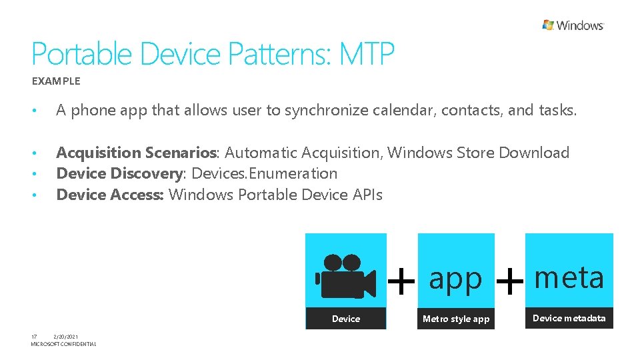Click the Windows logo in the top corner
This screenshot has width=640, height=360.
[x=573, y=25]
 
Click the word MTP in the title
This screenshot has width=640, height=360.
[x=367, y=54]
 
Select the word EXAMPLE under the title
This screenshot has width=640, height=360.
[x=56, y=81]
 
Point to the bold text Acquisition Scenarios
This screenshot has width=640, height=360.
[x=137, y=153]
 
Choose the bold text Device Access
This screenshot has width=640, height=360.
[x=110, y=195]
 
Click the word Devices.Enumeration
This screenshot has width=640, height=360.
[x=265, y=173]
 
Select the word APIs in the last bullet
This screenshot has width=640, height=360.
[x=364, y=195]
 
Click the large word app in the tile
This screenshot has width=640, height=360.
[x=455, y=279]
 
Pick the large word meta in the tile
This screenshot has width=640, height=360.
[x=569, y=277]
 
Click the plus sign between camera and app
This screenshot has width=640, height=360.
[x=401, y=281]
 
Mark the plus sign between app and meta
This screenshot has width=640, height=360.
[x=510, y=281]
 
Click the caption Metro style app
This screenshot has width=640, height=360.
[x=456, y=319]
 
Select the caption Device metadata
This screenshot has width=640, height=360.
[x=569, y=318]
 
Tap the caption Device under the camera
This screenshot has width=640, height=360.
[x=346, y=319]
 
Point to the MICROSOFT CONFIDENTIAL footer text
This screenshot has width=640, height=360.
[x=63, y=344]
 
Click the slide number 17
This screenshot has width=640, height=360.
[x=34, y=337]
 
